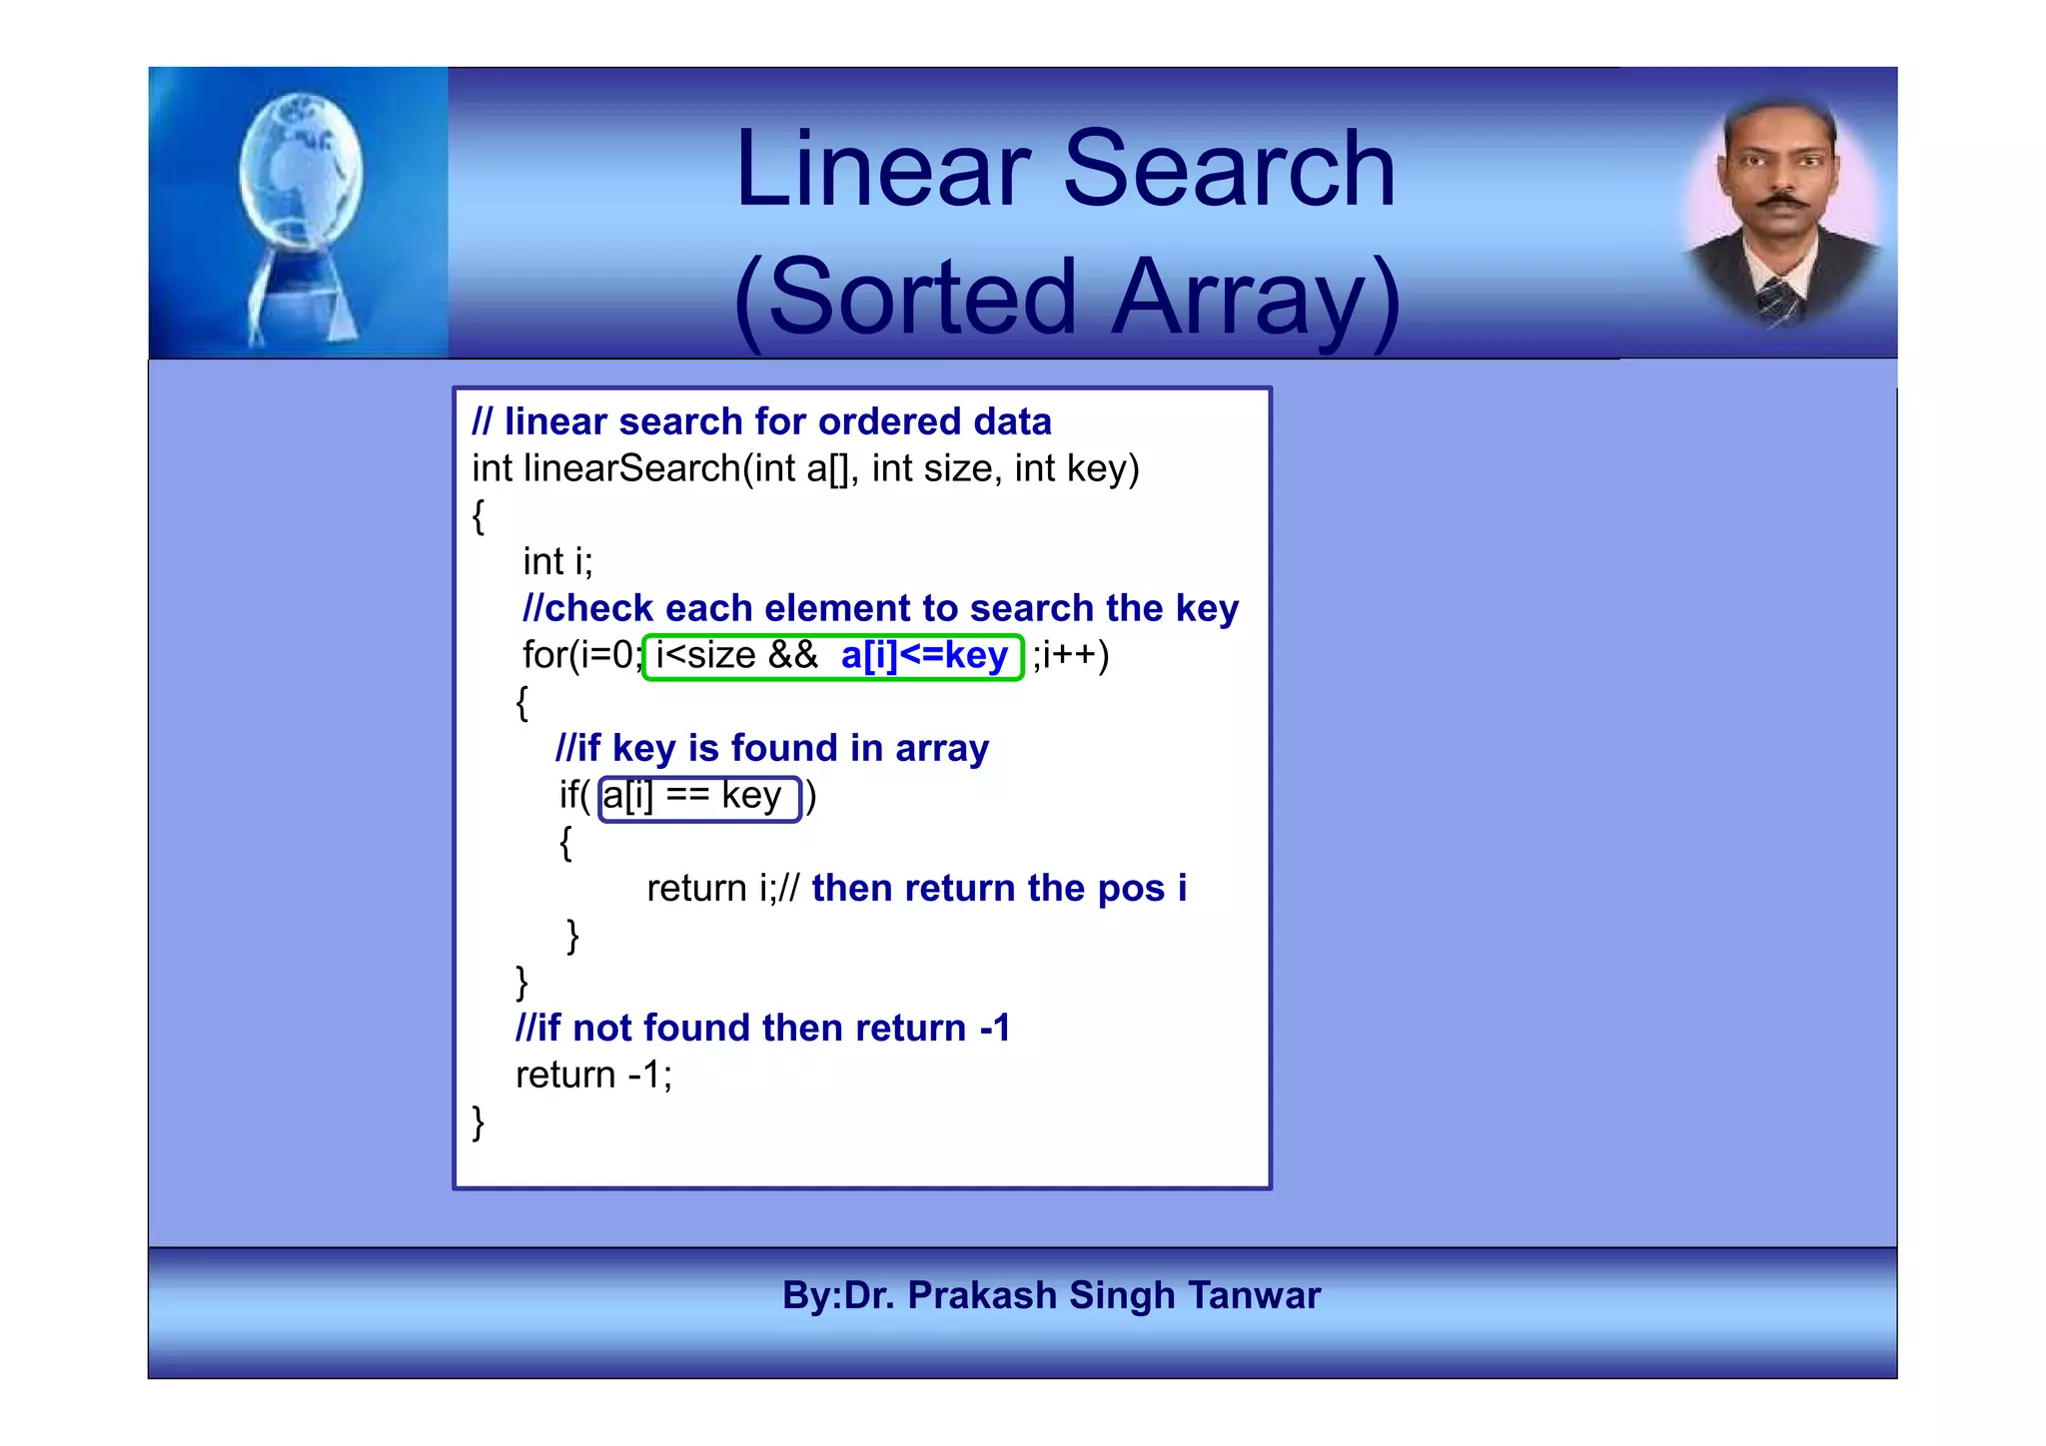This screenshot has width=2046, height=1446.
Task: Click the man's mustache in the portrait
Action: (1782, 202)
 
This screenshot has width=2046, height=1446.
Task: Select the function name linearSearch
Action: (631, 468)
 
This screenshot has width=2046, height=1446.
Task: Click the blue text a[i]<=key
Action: (924, 656)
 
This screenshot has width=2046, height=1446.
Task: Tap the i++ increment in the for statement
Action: (1072, 656)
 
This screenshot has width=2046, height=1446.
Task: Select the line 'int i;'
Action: (556, 562)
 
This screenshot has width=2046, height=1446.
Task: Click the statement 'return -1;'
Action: (593, 1076)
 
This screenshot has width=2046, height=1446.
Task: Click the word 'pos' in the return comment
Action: (1131, 889)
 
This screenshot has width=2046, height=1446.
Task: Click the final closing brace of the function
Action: (478, 1122)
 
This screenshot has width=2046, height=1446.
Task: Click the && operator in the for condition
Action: (792, 656)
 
